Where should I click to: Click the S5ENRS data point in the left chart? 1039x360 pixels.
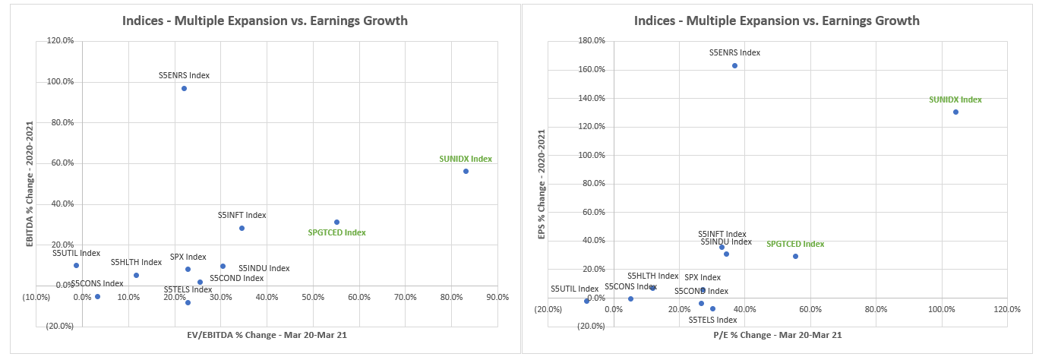[184, 88]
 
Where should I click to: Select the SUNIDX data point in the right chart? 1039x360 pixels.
[955, 112]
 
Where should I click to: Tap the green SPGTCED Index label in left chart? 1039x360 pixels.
[336, 232]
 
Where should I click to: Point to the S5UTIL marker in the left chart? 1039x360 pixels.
[76, 265]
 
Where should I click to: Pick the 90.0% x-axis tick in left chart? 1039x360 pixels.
[497, 297]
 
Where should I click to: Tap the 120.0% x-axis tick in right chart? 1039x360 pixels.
[1006, 309]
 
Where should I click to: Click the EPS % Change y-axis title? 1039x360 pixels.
[542, 185]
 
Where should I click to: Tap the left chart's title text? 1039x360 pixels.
[265, 21]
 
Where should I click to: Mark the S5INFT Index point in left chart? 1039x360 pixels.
[242, 228]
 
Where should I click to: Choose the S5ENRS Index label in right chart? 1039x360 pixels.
[734, 53]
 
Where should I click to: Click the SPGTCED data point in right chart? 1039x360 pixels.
[795, 256]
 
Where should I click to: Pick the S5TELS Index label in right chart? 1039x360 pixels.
[713, 320]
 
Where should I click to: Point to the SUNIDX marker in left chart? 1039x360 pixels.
[466, 171]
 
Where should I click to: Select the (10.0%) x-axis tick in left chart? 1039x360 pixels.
[36, 297]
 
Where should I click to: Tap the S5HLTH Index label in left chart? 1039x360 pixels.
[136, 262]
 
